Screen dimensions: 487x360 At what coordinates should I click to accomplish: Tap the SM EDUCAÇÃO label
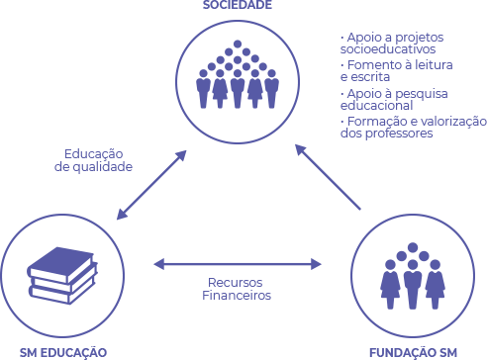[63, 351]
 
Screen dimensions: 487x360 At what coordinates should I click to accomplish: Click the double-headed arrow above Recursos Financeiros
[239, 264]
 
